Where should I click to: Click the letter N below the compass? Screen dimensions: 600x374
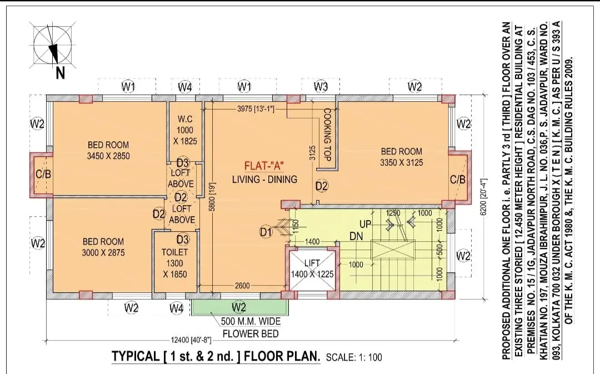(x=60, y=72)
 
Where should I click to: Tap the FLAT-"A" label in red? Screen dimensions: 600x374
(x=264, y=167)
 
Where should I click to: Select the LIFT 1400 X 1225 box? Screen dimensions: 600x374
(x=312, y=269)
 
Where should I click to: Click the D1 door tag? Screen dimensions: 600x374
(x=266, y=232)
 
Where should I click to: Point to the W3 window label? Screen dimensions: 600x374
(x=321, y=87)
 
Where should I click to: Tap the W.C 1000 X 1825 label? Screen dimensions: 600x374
(x=185, y=130)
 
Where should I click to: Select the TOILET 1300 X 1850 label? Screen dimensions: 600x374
(x=175, y=263)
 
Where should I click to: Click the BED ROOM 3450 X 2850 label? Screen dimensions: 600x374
(x=108, y=151)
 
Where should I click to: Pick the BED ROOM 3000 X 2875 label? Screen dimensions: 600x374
(x=103, y=247)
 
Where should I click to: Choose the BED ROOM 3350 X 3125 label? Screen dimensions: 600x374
(x=402, y=157)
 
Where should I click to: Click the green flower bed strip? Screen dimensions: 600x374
(x=240, y=307)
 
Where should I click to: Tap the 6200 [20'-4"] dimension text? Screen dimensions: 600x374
(x=483, y=197)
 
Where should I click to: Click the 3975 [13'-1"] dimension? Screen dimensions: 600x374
(x=256, y=109)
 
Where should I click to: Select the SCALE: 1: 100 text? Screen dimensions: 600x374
(x=354, y=357)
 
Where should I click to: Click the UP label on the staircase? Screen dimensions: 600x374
(x=365, y=224)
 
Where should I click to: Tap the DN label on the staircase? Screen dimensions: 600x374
(x=356, y=236)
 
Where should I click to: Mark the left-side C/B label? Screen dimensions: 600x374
(x=43, y=174)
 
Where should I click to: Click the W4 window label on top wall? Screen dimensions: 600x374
(x=185, y=87)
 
